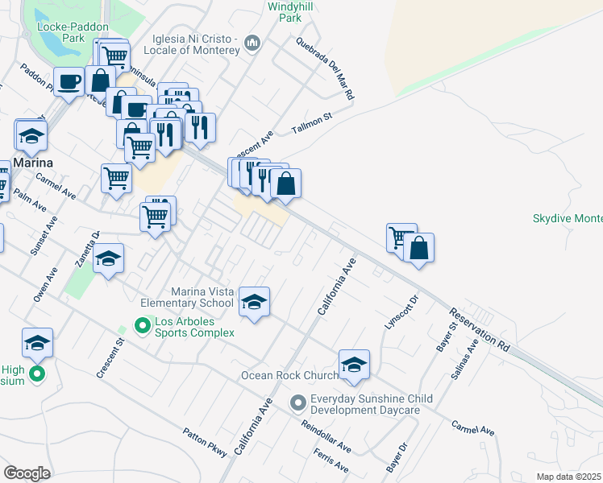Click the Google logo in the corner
tap(27, 473)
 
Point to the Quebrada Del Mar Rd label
tap(325, 68)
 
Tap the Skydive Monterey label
tap(568, 218)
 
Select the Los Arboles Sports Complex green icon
tap(143, 326)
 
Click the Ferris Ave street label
tap(331, 462)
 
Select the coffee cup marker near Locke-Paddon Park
tap(69, 80)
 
